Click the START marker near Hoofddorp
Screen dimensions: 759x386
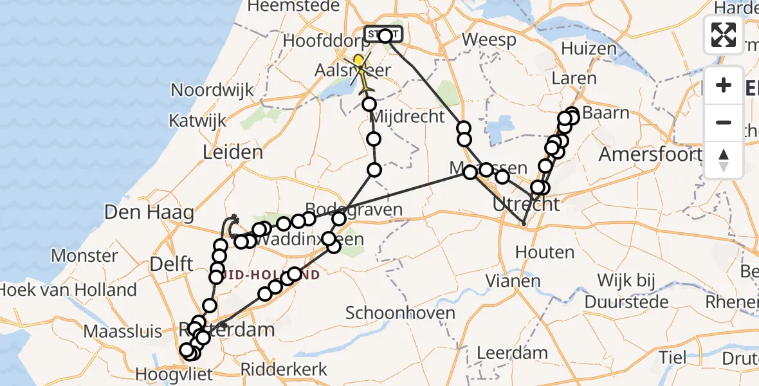coord(384,34)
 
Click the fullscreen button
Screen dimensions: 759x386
coord(724,34)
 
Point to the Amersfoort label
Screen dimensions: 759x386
coord(650,154)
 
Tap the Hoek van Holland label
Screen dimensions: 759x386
coord(68,290)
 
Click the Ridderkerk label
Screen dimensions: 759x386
coord(284,370)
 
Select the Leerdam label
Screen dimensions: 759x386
coord(513,353)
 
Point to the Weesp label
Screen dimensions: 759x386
coord(489,40)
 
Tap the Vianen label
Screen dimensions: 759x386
coord(513,281)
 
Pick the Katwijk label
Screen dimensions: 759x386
coord(197,120)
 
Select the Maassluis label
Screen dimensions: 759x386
coord(123,332)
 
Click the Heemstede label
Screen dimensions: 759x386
coord(293,6)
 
